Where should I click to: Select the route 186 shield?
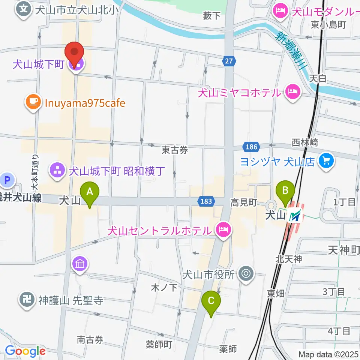click(250, 147)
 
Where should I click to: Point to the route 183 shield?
click(206, 202)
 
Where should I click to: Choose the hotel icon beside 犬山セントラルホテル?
click(223, 229)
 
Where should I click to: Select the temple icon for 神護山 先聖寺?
click(26, 301)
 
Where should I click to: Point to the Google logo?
click(25, 351)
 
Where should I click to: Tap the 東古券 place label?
click(174, 150)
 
